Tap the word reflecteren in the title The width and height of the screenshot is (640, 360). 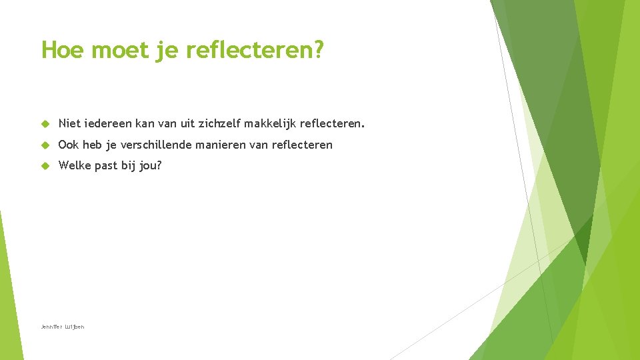point(250,50)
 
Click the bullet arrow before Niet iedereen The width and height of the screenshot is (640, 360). point(45,124)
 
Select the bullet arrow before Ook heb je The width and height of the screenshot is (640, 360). point(45,145)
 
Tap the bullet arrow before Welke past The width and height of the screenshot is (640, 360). point(45,166)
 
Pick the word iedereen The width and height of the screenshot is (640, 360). point(107,123)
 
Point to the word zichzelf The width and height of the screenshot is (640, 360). point(219,123)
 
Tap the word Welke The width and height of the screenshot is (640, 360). point(75,165)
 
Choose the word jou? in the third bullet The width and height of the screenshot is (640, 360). point(150,165)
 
